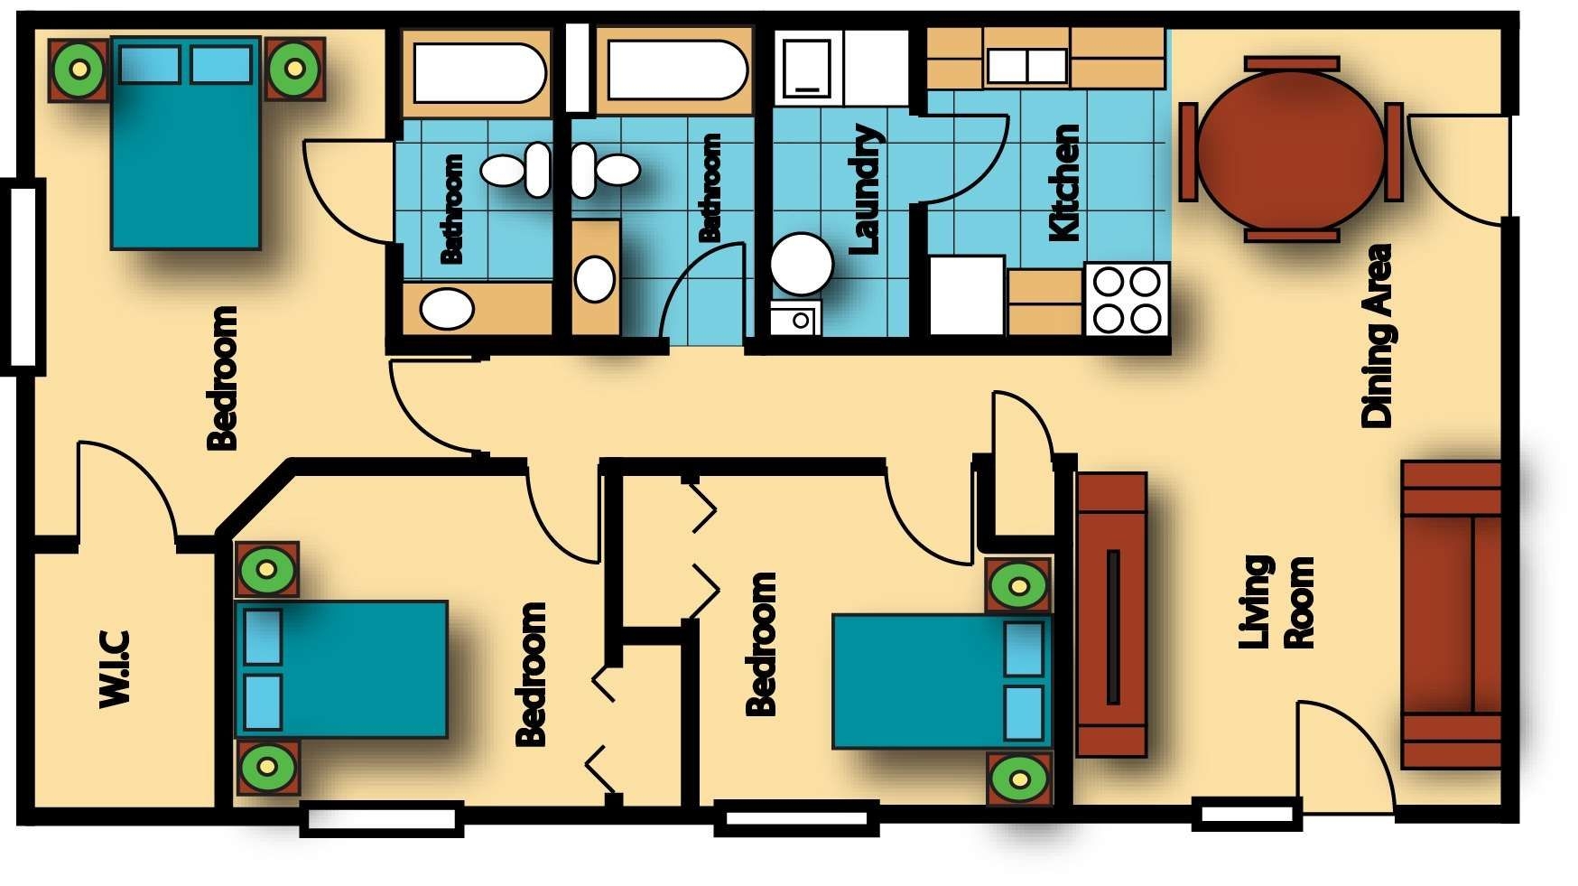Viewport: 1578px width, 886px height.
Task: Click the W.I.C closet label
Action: point(115,668)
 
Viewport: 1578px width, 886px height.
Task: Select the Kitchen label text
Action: point(1064,183)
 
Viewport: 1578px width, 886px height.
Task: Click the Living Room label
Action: point(1276,602)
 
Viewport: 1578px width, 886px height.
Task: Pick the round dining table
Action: point(1291,150)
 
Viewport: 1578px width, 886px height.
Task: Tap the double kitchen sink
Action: point(1027,66)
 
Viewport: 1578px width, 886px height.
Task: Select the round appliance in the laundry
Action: point(801,264)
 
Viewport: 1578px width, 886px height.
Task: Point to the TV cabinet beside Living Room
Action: point(1111,615)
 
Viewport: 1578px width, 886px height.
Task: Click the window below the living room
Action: point(1247,813)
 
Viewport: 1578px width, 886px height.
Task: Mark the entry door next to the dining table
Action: point(1458,168)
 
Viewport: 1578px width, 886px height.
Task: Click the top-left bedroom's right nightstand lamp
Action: point(294,68)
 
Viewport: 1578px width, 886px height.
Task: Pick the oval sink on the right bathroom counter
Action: point(594,278)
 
